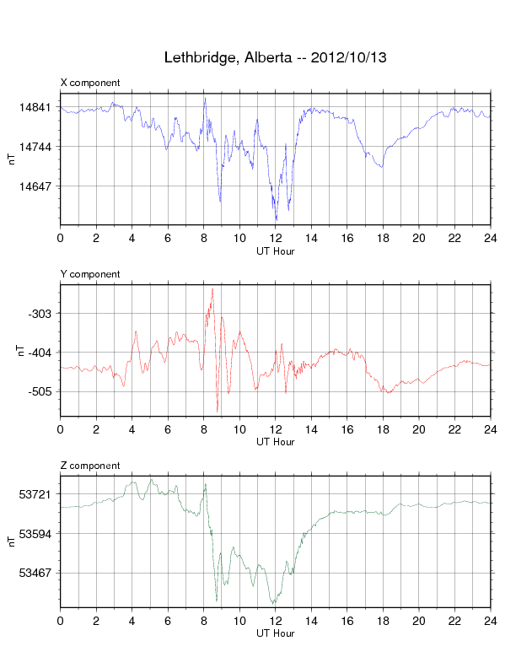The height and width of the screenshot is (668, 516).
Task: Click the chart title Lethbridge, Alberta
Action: (x=275, y=58)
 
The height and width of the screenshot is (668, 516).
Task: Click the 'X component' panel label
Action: (x=90, y=83)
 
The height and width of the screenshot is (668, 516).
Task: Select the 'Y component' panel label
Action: (x=90, y=274)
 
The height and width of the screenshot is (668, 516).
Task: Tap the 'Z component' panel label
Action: (x=90, y=466)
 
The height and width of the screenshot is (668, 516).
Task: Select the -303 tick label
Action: (x=40, y=314)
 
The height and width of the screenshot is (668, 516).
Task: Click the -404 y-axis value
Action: (x=40, y=353)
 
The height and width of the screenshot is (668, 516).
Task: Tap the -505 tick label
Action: (x=40, y=391)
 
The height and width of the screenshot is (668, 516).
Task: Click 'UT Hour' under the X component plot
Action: (x=275, y=250)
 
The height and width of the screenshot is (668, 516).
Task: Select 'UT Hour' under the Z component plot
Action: (x=275, y=633)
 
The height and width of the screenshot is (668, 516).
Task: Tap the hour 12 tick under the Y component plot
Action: (x=276, y=429)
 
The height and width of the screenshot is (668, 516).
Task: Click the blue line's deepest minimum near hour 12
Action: (x=275, y=220)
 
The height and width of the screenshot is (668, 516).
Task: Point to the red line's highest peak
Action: (x=212, y=288)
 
